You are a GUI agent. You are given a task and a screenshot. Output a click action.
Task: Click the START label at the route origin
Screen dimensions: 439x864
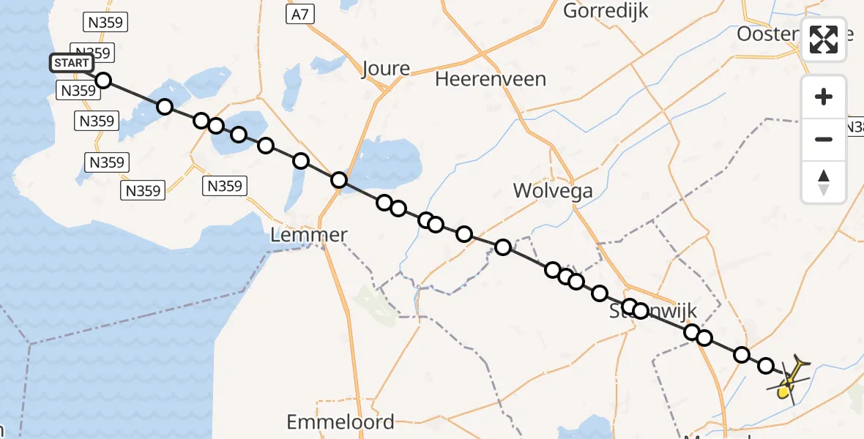(71, 63)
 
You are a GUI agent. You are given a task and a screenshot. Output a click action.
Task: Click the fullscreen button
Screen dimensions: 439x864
(824, 39)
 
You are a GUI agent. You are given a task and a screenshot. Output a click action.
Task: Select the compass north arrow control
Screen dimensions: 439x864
(824, 182)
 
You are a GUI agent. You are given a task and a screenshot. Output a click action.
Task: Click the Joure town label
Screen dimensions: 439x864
(386, 69)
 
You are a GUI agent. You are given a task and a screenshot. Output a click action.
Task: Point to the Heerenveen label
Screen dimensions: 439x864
(491, 79)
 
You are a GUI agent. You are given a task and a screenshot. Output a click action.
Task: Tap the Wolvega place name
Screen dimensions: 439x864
(553, 191)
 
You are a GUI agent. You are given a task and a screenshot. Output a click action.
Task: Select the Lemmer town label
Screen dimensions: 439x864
(308, 235)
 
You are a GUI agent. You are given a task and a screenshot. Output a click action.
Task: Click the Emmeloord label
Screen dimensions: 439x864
(340, 422)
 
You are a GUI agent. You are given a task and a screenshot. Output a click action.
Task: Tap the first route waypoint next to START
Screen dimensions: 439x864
(103, 80)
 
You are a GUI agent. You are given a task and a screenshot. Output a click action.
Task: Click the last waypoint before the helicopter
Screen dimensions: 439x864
(766, 365)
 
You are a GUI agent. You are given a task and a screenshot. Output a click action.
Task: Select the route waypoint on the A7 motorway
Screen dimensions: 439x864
(338, 179)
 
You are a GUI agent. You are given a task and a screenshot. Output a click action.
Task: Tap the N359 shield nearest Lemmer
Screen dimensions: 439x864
(225, 186)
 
